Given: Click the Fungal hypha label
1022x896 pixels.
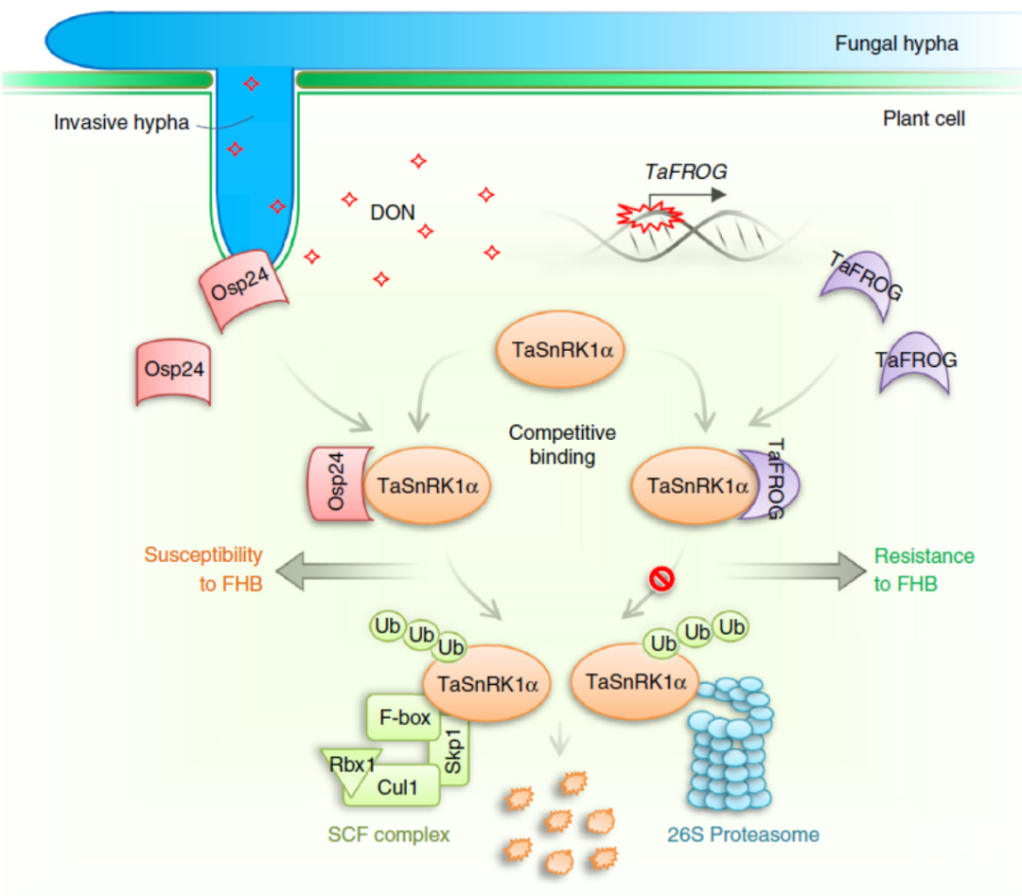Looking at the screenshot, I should [x=895, y=44].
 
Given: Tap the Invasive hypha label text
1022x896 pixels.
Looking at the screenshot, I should [x=120, y=123].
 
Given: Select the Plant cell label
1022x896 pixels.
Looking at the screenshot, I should [x=924, y=119].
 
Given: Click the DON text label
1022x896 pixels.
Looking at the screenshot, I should [x=393, y=213].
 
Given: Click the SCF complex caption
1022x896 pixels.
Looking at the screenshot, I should [x=388, y=835].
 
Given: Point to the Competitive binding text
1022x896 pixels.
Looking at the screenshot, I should [x=563, y=446].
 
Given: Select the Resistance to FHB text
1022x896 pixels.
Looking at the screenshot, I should [x=923, y=570].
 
